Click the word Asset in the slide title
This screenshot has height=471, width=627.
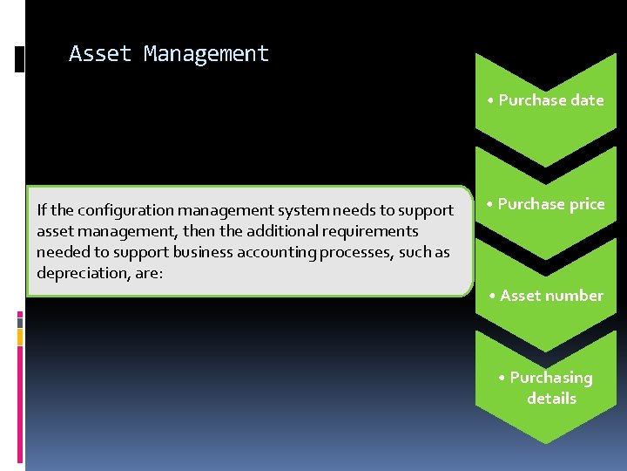(x=100, y=54)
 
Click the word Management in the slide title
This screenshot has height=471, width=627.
(x=206, y=54)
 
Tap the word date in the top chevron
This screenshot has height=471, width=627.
(x=587, y=100)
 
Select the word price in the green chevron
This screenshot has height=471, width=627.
(x=586, y=204)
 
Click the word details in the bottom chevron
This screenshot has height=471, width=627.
(x=551, y=399)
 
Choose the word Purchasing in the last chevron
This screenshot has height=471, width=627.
(x=551, y=378)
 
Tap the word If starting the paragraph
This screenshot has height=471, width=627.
(x=42, y=210)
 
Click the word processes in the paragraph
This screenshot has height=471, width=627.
(x=314, y=252)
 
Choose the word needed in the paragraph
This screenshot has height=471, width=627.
(x=59, y=252)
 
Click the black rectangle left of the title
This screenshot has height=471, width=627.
(x=20, y=58)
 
